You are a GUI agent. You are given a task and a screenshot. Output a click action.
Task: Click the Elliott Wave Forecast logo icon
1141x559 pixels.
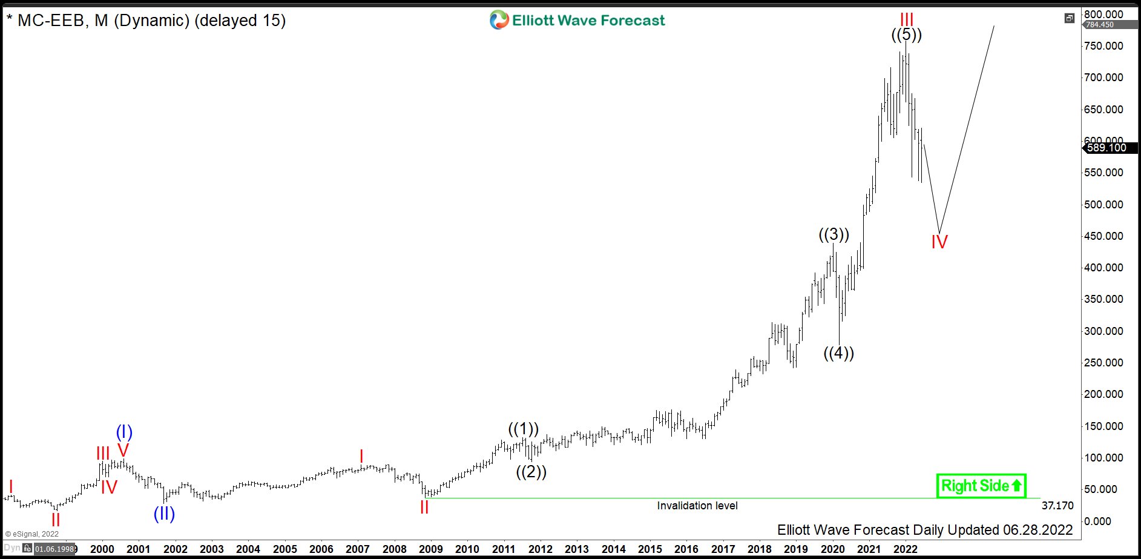[499, 20]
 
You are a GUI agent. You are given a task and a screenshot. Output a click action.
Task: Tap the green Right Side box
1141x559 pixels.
[981, 486]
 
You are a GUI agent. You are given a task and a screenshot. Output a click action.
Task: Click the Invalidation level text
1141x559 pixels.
[697, 506]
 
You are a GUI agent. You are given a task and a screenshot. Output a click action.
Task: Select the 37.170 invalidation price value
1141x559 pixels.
[1057, 506]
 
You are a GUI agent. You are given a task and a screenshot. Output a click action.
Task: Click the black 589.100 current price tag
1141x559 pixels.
[1106, 148]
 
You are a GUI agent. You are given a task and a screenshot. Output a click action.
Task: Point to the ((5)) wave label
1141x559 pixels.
[906, 35]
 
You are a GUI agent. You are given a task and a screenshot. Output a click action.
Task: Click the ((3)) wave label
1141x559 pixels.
[834, 234]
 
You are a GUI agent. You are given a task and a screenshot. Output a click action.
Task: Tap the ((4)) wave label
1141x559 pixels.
[838, 353]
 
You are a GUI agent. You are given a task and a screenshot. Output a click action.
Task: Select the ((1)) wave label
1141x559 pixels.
[523, 429]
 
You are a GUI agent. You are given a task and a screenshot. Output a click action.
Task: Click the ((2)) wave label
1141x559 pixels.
[531, 472]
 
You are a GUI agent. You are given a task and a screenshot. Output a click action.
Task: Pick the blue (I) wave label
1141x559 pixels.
[124, 432]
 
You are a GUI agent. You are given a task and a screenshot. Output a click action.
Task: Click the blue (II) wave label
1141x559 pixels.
[164, 514]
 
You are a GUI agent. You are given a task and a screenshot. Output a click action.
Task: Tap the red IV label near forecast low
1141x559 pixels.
[939, 242]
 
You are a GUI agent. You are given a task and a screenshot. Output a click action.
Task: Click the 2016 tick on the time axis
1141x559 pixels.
[686, 549]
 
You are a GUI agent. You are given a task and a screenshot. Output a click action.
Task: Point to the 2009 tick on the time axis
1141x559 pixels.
[430, 549]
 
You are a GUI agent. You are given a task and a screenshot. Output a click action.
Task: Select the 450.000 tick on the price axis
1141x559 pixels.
[1103, 236]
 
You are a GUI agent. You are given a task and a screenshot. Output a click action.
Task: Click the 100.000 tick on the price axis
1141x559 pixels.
[1103, 458]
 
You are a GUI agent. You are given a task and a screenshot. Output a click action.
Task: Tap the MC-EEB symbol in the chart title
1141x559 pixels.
[51, 21]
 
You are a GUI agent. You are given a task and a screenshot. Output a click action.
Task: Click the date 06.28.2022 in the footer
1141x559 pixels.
[1037, 530]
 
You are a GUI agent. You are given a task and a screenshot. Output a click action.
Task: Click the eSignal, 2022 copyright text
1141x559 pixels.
[33, 534]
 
